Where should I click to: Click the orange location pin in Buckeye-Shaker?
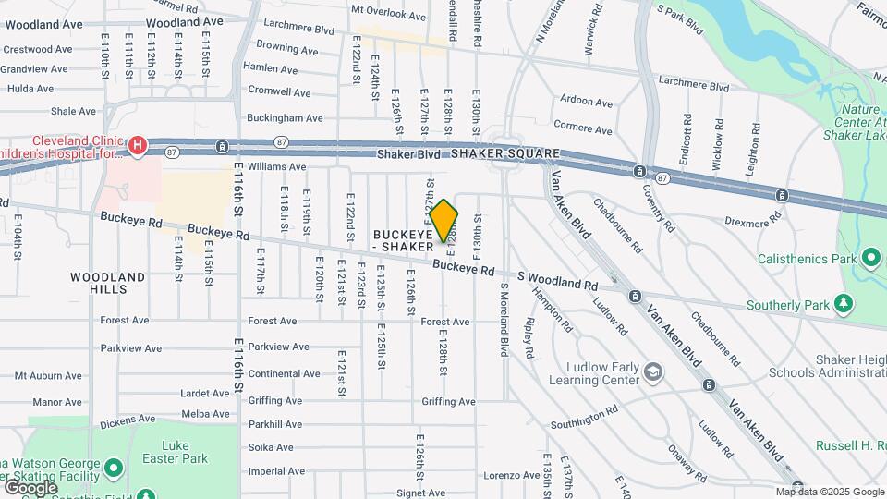(x=443, y=221)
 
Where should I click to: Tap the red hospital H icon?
(x=138, y=144)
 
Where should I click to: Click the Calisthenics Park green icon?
(x=869, y=257)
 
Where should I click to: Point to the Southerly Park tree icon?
(x=842, y=303)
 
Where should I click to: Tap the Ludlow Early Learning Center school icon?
(x=653, y=371)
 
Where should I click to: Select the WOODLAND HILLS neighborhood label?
(x=108, y=283)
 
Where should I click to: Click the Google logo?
(x=30, y=487)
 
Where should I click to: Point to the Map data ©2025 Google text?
(x=829, y=492)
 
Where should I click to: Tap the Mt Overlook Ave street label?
(x=388, y=16)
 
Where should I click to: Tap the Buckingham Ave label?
(x=288, y=118)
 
